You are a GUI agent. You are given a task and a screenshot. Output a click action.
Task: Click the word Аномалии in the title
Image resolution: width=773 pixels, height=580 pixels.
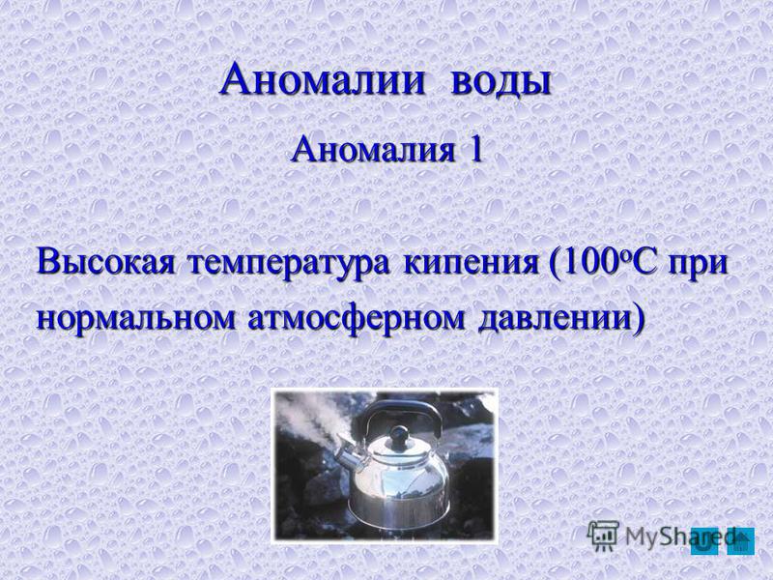click(322, 80)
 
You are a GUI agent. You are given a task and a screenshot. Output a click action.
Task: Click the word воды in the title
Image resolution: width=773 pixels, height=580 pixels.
click(500, 81)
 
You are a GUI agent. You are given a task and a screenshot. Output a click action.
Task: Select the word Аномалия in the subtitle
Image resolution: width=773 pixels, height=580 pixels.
click(373, 150)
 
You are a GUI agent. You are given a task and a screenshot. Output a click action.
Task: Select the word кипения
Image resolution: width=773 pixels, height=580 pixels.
click(471, 265)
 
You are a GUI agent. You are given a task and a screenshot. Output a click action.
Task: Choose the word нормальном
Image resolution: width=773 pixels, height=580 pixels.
click(135, 319)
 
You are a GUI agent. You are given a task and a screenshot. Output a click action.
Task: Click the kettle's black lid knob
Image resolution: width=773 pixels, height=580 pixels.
click(397, 435)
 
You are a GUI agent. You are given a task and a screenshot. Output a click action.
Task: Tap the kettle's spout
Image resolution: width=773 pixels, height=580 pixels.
click(351, 453)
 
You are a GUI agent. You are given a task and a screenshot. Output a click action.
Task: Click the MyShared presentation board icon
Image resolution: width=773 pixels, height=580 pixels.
click(603, 536)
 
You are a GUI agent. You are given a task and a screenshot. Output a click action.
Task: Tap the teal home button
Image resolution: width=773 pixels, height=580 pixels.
click(741, 541)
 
